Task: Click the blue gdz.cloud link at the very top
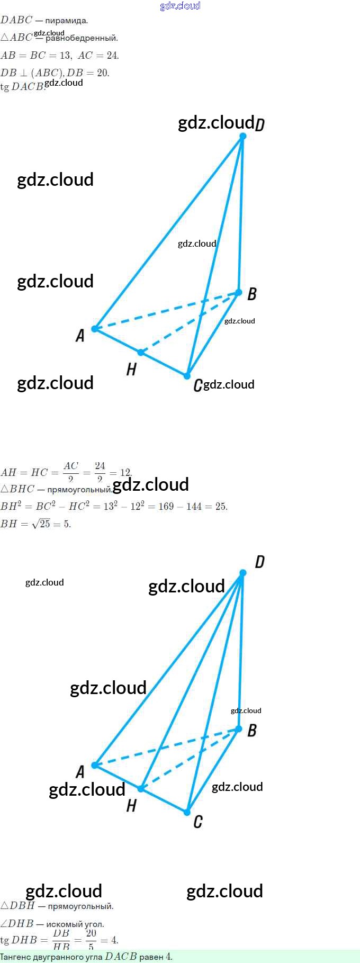180,6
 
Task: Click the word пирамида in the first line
66,21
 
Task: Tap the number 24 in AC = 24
112,55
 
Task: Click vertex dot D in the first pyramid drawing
243,136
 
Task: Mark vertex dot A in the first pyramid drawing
95,329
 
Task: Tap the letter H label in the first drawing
131,368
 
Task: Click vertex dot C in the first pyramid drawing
187,376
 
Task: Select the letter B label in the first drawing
252,294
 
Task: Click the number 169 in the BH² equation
166,506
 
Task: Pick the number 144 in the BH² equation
194,506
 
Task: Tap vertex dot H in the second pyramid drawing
141,788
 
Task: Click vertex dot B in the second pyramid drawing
239,729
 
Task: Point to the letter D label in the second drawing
259,562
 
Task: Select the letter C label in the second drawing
198,822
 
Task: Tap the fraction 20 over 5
91,940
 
